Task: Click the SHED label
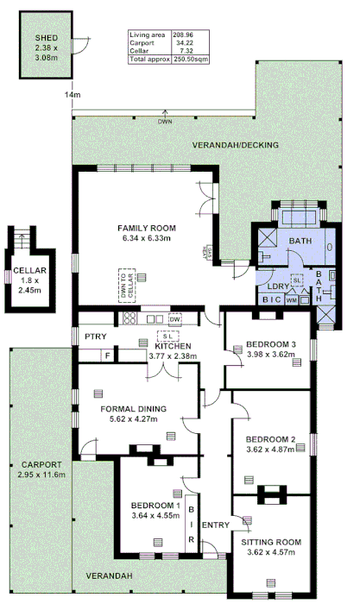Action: coord(46,40)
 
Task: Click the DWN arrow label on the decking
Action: coord(165,122)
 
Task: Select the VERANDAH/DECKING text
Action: coord(235,145)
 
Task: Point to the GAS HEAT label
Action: coord(205,249)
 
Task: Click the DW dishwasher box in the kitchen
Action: coord(175,318)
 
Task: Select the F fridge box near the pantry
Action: coord(107,354)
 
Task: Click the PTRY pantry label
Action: coord(94,336)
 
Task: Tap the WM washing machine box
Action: coord(291,300)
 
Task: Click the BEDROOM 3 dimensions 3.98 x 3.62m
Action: coord(271,354)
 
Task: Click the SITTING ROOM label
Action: coord(271,542)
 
